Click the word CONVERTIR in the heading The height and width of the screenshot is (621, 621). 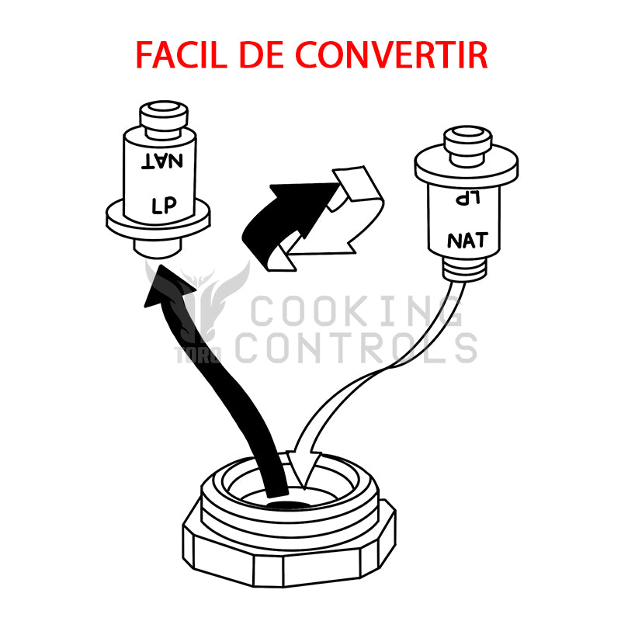click(392, 54)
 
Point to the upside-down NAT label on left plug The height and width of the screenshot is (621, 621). click(163, 161)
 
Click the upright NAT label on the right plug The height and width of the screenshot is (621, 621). click(467, 240)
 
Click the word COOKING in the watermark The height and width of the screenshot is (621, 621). click(357, 313)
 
